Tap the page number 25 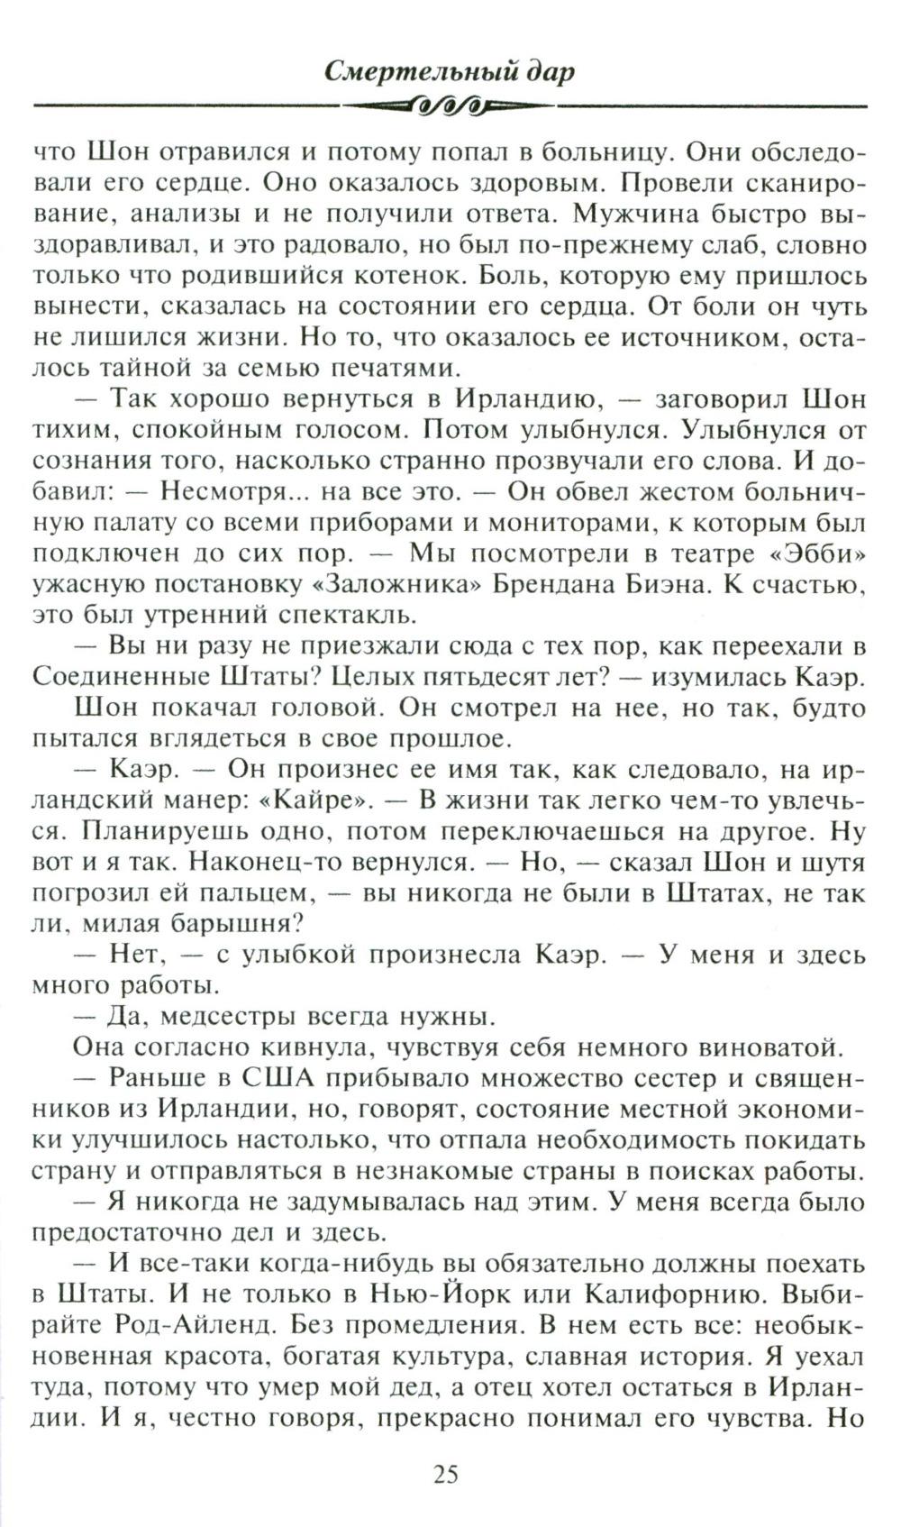point(447,1475)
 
